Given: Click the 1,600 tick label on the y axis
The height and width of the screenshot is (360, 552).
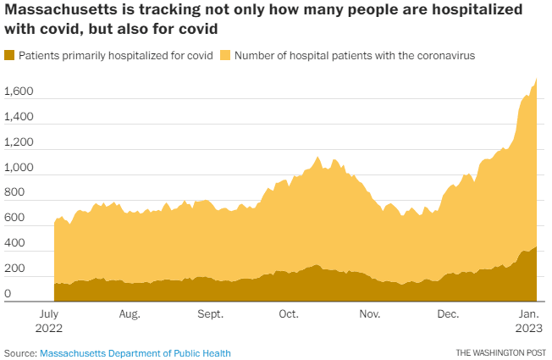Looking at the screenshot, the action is [x=19, y=91].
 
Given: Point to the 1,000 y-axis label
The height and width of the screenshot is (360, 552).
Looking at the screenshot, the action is [x=19, y=168].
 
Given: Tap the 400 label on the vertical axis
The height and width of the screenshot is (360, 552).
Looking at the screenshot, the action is [x=14, y=243].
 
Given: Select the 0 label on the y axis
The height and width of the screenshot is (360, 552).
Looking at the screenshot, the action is [x=8, y=293].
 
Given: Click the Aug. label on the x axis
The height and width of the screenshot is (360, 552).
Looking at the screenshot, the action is [x=130, y=314].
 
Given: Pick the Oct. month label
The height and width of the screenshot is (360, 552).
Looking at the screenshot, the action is [x=289, y=314].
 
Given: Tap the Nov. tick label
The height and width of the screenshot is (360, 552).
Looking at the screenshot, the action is [x=370, y=314].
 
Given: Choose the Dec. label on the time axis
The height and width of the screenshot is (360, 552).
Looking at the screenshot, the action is [x=448, y=314].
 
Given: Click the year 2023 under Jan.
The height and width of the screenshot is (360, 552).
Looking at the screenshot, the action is [x=529, y=329].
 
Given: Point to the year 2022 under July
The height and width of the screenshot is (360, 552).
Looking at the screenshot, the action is [x=48, y=329].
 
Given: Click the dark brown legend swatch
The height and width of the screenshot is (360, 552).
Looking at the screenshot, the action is [x=9, y=55].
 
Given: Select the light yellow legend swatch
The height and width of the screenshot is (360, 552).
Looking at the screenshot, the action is [x=225, y=55].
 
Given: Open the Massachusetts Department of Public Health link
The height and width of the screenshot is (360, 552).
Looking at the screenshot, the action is [x=135, y=353].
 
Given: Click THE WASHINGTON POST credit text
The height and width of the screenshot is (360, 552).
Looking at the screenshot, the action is [x=501, y=352].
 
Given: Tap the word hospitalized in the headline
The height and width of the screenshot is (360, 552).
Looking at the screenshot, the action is [x=477, y=10].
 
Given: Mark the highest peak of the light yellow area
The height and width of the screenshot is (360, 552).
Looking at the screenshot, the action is [x=536, y=78].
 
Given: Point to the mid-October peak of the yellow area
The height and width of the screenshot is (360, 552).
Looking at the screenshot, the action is [x=317, y=157].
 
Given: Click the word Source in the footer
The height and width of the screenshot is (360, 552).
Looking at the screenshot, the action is [x=20, y=353].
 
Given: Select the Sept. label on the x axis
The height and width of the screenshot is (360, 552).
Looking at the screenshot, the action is [x=211, y=314].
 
